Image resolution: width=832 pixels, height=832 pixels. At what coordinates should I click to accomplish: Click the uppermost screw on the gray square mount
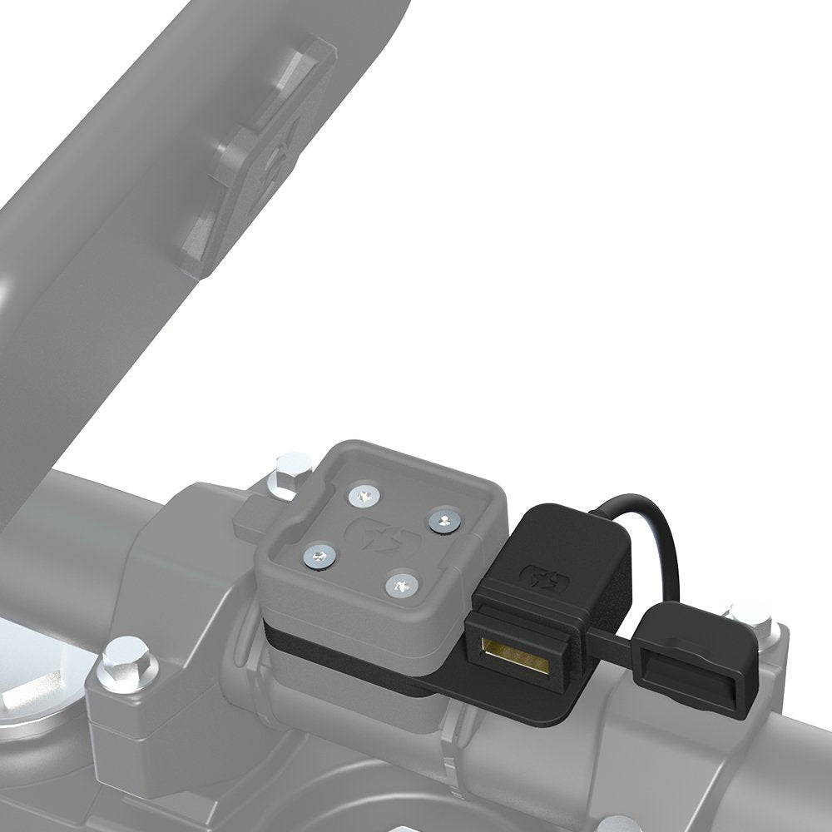(364, 497)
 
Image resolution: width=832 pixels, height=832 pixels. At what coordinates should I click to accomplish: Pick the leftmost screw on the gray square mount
(315, 552)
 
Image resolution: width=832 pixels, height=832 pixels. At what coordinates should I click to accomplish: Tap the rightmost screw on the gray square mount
(442, 520)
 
